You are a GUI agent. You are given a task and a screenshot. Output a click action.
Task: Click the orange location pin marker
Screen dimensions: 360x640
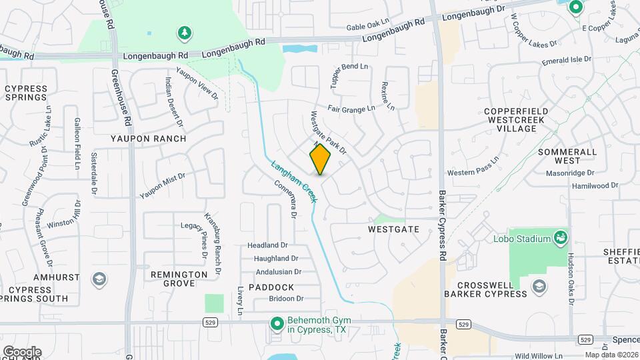click(320, 159)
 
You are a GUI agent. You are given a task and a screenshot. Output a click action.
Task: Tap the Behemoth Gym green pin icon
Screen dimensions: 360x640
click(277, 324)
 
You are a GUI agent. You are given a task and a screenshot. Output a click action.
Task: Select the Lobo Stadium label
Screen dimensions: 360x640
click(522, 239)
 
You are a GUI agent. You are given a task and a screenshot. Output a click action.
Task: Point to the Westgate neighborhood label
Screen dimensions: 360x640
click(393, 229)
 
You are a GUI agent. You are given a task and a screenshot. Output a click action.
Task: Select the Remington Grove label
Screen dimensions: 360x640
click(179, 279)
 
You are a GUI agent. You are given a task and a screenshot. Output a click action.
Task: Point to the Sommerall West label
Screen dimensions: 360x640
click(567, 156)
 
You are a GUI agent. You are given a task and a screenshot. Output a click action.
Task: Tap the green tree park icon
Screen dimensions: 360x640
click(183, 33)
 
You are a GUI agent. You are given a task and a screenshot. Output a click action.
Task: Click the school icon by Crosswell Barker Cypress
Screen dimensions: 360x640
click(539, 287)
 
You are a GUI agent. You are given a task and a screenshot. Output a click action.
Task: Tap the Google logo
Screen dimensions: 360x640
click(22, 351)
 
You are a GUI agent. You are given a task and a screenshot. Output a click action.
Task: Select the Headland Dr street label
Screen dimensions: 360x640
click(267, 245)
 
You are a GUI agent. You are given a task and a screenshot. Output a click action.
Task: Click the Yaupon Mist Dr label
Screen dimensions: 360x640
click(162, 185)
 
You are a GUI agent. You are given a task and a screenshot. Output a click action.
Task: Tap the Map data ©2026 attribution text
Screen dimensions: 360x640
click(611, 355)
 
